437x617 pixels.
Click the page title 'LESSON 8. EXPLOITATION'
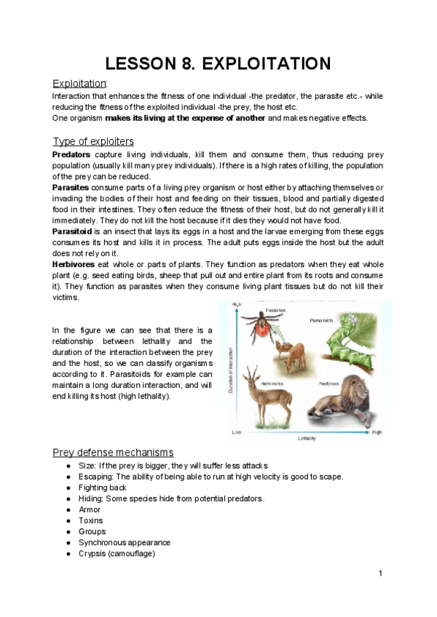(x=219, y=63)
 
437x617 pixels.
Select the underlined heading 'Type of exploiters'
(x=92, y=141)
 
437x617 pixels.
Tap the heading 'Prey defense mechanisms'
(x=113, y=453)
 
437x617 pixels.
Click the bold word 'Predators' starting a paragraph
(x=71, y=155)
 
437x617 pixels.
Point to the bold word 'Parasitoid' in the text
(x=73, y=231)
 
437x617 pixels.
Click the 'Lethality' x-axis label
(x=306, y=439)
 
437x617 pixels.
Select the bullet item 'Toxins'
(x=91, y=520)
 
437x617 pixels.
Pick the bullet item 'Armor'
(x=90, y=509)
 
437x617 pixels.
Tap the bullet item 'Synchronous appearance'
(x=124, y=542)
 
